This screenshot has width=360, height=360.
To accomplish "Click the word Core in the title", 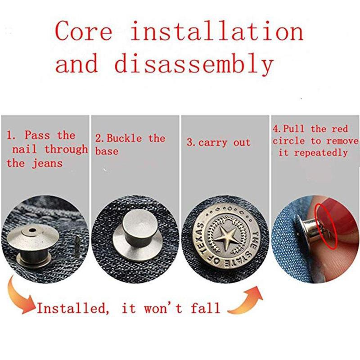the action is tap(84, 31).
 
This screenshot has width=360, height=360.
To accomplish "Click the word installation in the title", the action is tap(217, 31).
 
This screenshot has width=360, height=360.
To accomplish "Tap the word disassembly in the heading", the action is tap(194, 63).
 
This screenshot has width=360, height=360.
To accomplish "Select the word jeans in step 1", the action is tap(47, 164).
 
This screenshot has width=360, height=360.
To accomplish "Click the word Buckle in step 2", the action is tap(124, 138).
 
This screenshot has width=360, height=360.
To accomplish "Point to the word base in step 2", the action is tap(107, 151).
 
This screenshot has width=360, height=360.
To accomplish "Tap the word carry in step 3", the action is tap(212, 143).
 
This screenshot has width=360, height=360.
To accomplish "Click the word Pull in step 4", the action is tap(293, 129).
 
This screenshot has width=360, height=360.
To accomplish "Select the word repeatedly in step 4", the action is tap(321, 153).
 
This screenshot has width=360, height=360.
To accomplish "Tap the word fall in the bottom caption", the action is tap(206, 308).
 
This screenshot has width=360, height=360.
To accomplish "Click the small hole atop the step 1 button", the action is tap(31, 230).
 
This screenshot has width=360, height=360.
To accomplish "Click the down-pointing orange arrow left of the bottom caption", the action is tap(19, 296).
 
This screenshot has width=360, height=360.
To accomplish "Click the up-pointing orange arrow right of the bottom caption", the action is tap(247, 301).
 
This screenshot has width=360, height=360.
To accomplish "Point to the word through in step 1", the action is tap(66, 149).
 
